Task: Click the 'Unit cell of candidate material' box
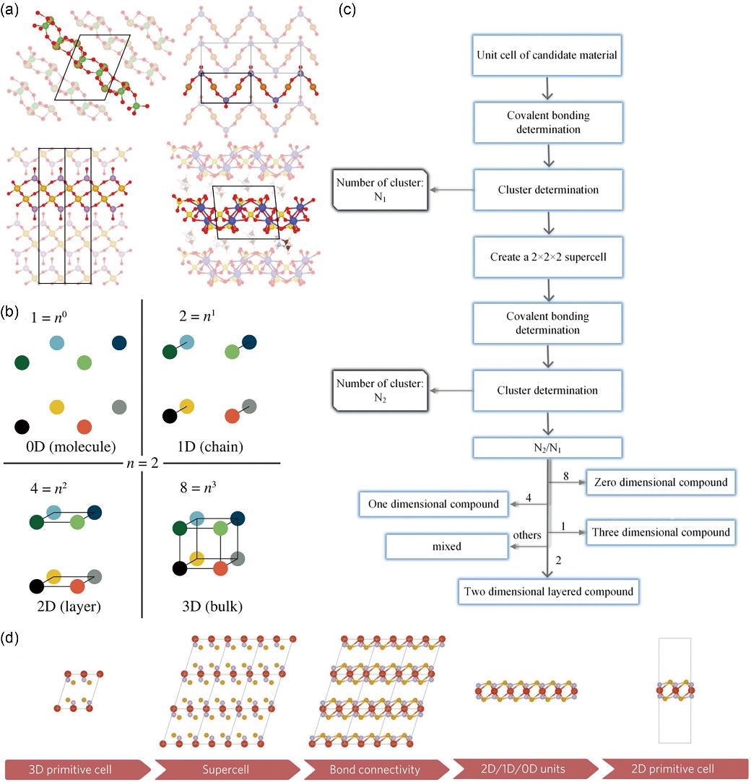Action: coord(547,54)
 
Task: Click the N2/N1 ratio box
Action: coord(547,448)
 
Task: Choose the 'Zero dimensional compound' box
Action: coord(661,482)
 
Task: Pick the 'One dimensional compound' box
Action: coord(433,504)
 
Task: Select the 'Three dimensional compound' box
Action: coord(661,533)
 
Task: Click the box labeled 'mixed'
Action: coord(446,547)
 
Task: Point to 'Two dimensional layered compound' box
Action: coord(547,591)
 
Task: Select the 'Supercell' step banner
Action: coord(225,768)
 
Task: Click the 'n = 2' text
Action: coord(144,463)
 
